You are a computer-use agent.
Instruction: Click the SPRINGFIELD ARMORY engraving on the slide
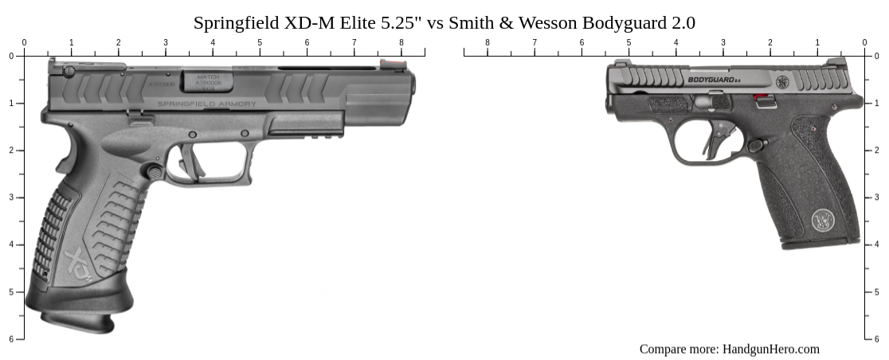[207, 104]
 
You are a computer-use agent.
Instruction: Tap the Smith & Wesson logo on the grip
[823, 220]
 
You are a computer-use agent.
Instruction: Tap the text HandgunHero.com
[770, 349]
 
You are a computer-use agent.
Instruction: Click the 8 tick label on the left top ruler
[401, 43]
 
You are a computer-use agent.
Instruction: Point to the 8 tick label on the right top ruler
[488, 43]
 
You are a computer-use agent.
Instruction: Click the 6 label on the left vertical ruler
[11, 339]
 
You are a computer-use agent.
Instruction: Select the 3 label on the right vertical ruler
[877, 198]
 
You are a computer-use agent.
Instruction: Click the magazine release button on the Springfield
[152, 170]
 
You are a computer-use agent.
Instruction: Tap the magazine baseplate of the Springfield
[78, 322]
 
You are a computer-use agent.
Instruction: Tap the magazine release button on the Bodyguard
[755, 145]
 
